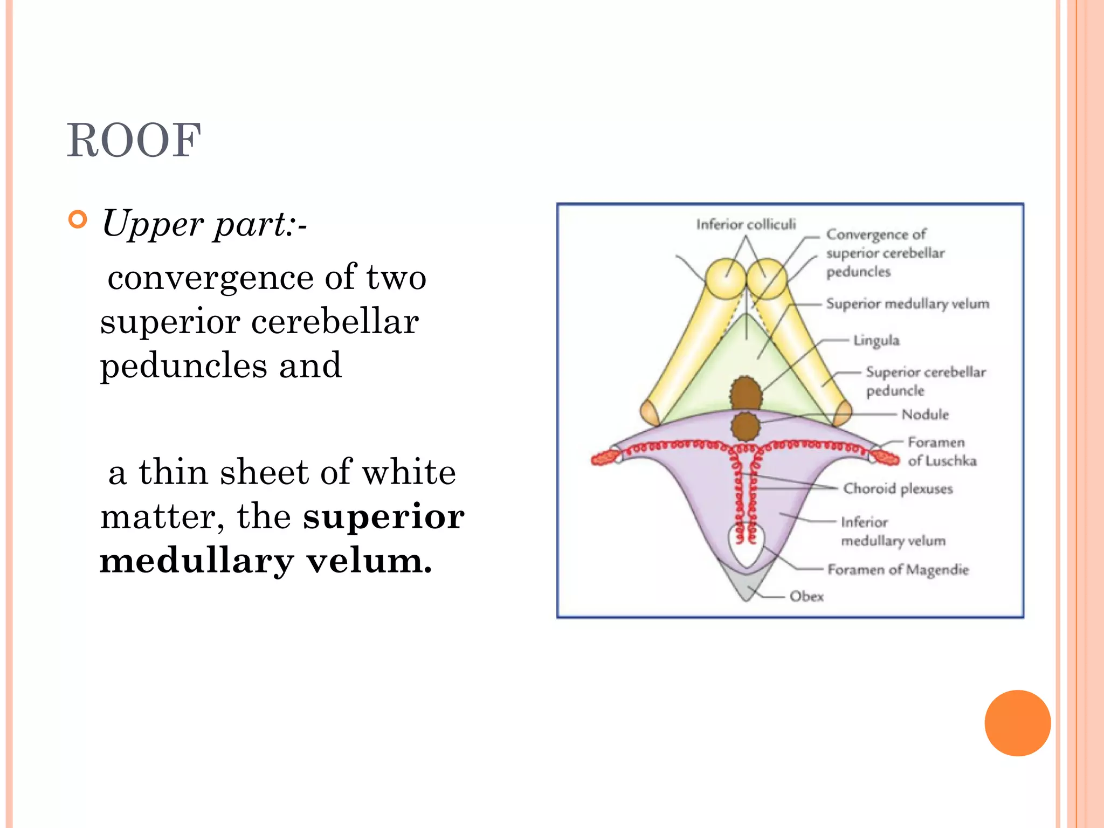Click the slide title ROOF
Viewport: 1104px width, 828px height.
point(134,140)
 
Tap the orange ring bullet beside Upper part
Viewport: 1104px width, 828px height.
point(78,220)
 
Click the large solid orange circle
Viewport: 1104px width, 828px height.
point(1017,723)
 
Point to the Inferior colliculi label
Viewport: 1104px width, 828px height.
point(746,224)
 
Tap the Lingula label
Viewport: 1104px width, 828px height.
point(877,341)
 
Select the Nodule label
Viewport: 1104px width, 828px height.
point(925,415)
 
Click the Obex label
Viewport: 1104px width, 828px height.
point(806,596)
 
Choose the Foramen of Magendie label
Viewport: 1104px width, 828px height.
point(898,570)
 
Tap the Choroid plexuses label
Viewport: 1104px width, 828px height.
point(898,488)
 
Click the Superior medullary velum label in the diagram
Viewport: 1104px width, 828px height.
point(908,304)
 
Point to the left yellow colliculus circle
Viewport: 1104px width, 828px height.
point(725,279)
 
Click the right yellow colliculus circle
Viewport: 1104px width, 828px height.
point(766,279)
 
